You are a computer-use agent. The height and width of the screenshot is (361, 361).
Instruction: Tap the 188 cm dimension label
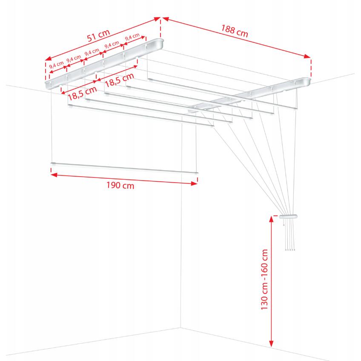pyautogui.click(x=235, y=31)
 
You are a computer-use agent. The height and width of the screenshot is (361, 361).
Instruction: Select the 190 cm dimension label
pyautogui.click(x=120, y=185)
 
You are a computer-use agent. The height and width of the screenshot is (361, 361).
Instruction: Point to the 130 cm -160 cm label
pyautogui.click(x=264, y=280)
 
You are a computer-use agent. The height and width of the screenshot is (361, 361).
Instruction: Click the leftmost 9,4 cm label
pyautogui.click(x=56, y=65)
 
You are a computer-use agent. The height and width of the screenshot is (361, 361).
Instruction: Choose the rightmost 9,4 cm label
pyautogui.click(x=132, y=37)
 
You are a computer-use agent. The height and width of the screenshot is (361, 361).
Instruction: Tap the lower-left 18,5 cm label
pyautogui.click(x=82, y=93)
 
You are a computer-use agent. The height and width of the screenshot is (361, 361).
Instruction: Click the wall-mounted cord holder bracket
pyautogui.click(x=288, y=216)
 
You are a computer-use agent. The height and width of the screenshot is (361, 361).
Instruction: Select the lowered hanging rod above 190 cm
pyautogui.click(x=124, y=168)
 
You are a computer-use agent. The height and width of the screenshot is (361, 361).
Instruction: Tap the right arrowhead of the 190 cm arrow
pyautogui.click(x=194, y=183)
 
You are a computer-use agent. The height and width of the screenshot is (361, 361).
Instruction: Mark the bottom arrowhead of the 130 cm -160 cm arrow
pyautogui.click(x=272, y=344)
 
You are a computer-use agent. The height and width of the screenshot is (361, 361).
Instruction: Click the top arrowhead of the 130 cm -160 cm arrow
pyautogui.click(x=272, y=219)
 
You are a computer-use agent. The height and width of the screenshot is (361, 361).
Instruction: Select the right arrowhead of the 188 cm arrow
pyautogui.click(x=308, y=56)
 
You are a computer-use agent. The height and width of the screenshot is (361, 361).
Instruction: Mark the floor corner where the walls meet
pyautogui.click(x=181, y=327)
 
